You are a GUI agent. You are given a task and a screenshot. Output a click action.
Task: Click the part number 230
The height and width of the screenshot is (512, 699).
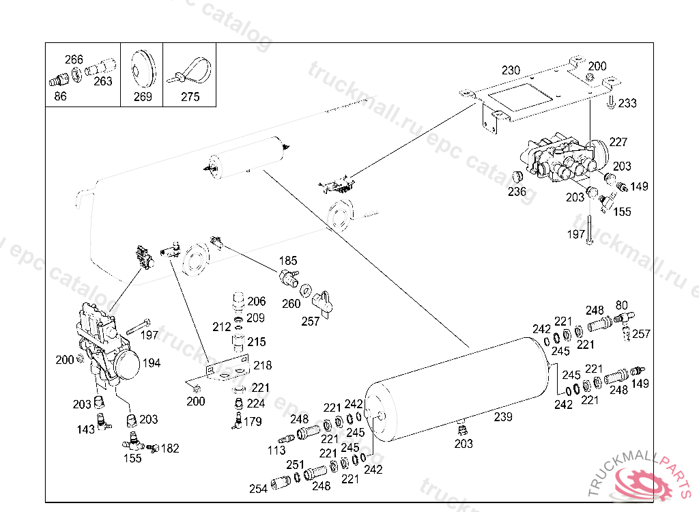click(x=511, y=70)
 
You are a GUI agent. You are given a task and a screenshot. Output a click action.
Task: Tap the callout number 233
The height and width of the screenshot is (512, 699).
click(x=627, y=103)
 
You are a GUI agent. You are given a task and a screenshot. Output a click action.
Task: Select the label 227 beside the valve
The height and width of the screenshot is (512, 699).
click(x=618, y=142)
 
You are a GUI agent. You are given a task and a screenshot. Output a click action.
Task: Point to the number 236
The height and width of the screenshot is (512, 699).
click(x=517, y=192)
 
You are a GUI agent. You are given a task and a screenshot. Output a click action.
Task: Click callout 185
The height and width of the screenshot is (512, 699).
click(x=288, y=260)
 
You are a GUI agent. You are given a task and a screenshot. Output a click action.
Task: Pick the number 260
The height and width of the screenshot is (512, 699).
click(x=291, y=304)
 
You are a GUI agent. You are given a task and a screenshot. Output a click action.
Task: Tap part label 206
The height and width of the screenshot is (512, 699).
click(x=257, y=301)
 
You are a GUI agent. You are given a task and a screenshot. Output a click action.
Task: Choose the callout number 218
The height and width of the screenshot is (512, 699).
click(x=262, y=366)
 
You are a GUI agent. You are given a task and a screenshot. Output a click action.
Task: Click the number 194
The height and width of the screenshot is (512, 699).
click(x=152, y=362)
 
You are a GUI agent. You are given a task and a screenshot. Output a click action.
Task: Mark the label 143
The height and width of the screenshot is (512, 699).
click(x=86, y=429)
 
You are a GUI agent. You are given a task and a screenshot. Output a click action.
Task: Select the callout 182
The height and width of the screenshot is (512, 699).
click(x=170, y=449)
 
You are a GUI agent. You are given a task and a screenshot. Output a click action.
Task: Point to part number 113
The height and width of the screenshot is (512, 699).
click(x=276, y=450)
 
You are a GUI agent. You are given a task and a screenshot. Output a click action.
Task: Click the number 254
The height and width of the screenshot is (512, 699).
click(x=258, y=489)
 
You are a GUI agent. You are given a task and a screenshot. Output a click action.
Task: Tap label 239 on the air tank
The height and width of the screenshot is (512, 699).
click(x=503, y=416)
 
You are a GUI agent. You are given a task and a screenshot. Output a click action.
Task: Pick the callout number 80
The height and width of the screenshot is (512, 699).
click(x=622, y=305)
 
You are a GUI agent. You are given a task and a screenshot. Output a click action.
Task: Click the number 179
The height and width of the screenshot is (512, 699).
click(x=253, y=421)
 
